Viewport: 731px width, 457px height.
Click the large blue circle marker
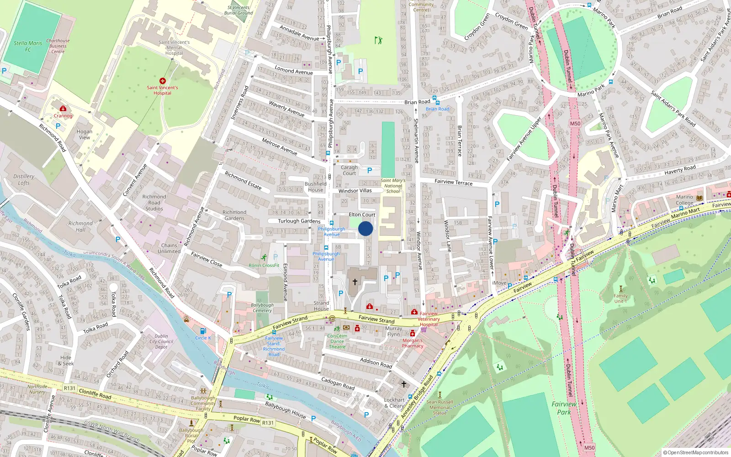pyautogui.click(x=365, y=228)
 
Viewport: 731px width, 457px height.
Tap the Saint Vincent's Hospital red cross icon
pyautogui.click(x=162, y=81)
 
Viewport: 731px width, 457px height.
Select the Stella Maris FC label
pyautogui.click(x=28, y=46)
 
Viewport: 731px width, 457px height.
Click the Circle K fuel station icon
pyautogui.click(x=203, y=330)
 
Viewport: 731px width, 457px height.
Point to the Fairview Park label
pyautogui.click(x=564, y=408)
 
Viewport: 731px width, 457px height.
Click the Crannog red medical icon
pyautogui.click(x=63, y=109)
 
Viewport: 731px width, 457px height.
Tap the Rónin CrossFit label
pyautogui.click(x=264, y=265)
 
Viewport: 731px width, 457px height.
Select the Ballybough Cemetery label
pyautogui.click(x=262, y=308)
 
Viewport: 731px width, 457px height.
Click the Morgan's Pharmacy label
pyautogui.click(x=413, y=343)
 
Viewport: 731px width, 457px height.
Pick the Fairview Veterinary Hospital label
pyautogui.click(x=429, y=319)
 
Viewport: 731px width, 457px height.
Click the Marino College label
pyautogui.click(x=684, y=200)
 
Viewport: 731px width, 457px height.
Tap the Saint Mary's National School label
pyautogui.click(x=393, y=186)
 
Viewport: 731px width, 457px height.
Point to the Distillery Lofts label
pyautogui.click(x=24, y=179)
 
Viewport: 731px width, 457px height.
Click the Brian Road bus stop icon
pyautogui.click(x=434, y=98)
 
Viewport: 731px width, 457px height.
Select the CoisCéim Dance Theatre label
pyautogui.click(x=337, y=341)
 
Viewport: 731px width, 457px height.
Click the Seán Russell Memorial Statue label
pyautogui.click(x=440, y=407)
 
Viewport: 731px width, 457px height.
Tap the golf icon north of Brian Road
pyautogui.click(x=378, y=40)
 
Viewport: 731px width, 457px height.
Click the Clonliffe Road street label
pyautogui.click(x=95, y=393)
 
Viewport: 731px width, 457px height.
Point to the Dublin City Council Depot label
pyautogui.click(x=161, y=341)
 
